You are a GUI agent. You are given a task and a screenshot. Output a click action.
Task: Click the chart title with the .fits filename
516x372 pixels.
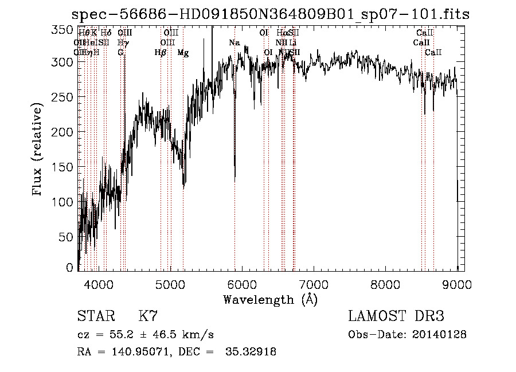tap(270, 14)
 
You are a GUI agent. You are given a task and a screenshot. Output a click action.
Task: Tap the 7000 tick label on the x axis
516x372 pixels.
tap(314, 284)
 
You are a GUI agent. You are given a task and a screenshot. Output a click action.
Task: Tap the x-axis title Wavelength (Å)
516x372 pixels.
tap(270, 299)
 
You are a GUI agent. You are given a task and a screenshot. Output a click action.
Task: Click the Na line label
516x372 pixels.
tap(234, 43)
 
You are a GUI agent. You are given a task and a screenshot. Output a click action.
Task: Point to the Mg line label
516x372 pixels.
tap(183, 53)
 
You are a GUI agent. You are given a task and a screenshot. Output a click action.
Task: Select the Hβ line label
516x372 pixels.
tap(161, 53)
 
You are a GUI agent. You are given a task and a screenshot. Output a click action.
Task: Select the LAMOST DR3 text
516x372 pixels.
tap(396, 316)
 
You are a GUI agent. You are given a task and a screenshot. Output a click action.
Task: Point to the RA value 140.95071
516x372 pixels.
tap(141, 352)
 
